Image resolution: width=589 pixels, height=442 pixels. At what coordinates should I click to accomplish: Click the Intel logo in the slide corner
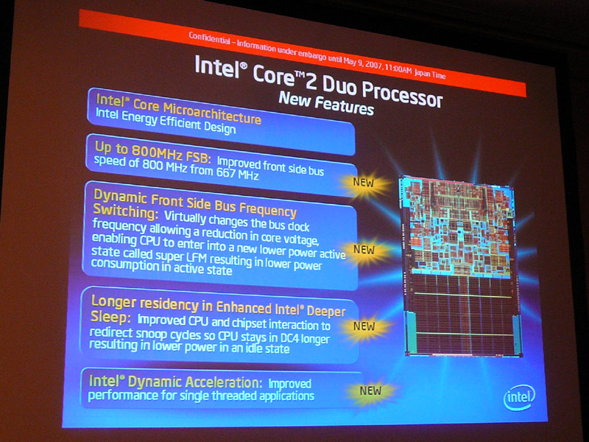tap(519, 398)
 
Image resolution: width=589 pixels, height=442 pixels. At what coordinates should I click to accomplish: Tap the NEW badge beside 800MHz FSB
tap(363, 183)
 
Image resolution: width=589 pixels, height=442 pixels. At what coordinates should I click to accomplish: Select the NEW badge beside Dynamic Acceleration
tap(371, 391)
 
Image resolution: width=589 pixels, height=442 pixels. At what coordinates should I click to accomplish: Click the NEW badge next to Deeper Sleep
tap(364, 326)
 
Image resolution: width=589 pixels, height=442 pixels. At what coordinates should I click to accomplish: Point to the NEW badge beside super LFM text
tap(364, 250)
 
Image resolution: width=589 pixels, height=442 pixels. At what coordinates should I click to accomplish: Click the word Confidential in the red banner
tap(209, 38)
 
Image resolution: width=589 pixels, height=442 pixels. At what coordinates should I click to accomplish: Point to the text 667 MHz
tap(237, 174)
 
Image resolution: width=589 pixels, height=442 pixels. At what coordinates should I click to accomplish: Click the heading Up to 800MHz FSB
tap(151, 152)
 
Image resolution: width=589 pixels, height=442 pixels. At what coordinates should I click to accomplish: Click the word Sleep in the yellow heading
tap(110, 318)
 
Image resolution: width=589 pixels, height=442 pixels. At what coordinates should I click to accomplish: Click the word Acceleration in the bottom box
tap(224, 382)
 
